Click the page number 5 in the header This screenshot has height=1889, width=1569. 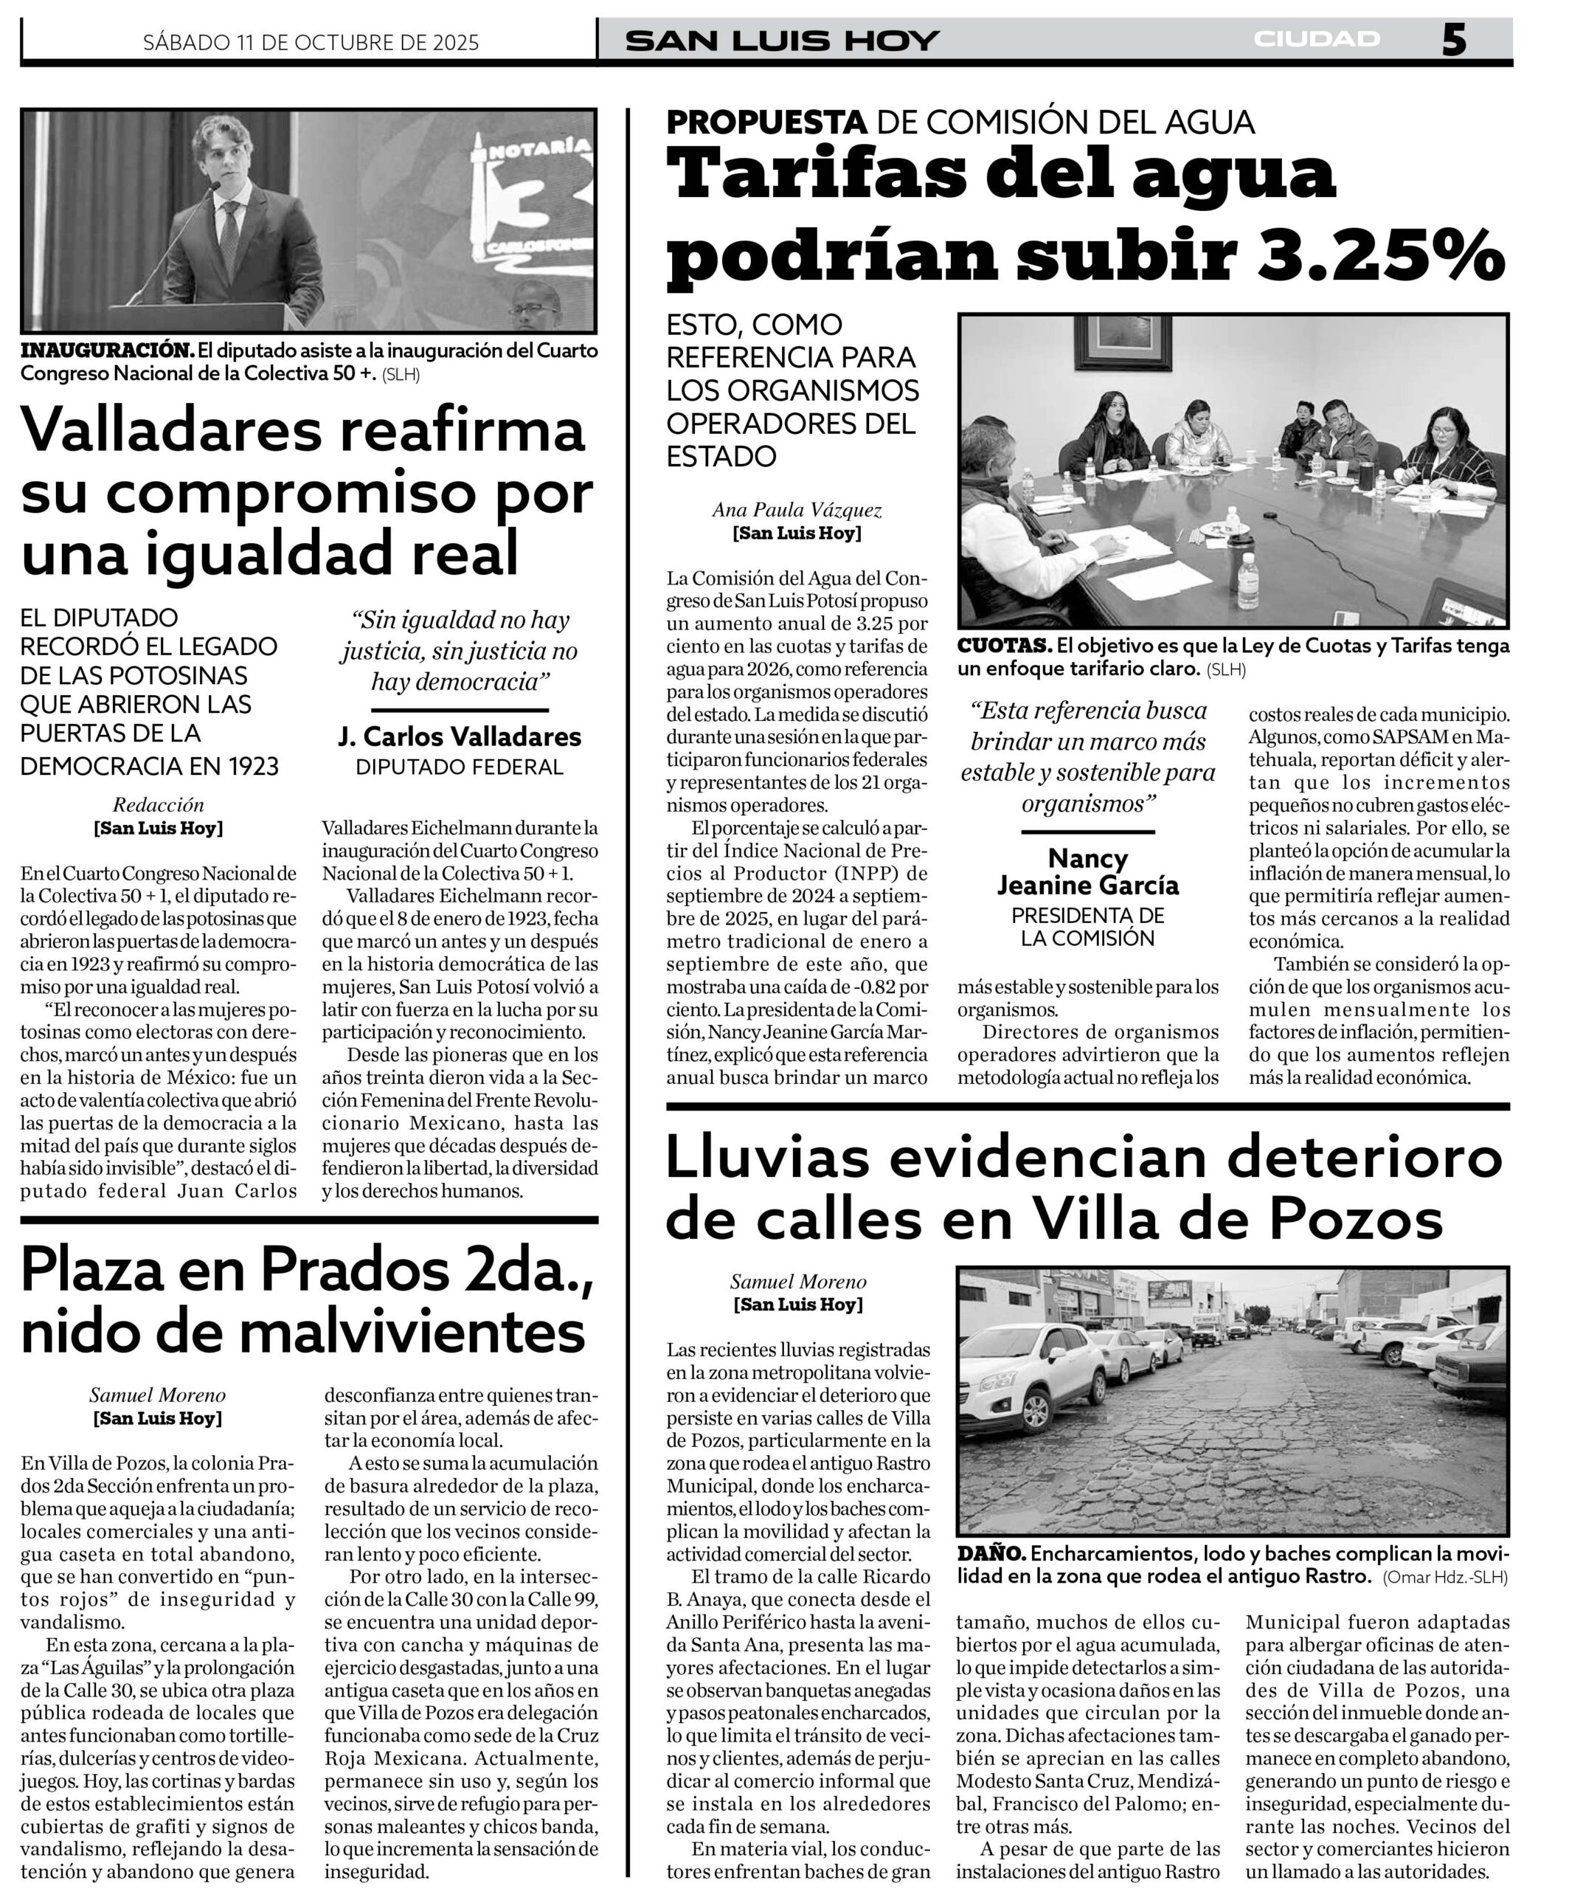1454,41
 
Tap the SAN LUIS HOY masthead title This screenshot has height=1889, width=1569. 781,41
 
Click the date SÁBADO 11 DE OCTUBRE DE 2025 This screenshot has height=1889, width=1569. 311,42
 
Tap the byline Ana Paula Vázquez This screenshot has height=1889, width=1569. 797,510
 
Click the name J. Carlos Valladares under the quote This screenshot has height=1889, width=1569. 460,736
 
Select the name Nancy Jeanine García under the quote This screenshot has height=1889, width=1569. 1087,871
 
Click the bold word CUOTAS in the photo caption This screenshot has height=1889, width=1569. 1003,646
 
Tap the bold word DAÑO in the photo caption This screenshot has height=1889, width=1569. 991,1553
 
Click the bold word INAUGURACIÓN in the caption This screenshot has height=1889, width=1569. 106,350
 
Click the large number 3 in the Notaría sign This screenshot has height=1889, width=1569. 520,196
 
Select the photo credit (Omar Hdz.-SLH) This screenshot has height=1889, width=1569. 1445,1577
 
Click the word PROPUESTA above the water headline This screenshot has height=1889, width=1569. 766,122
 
